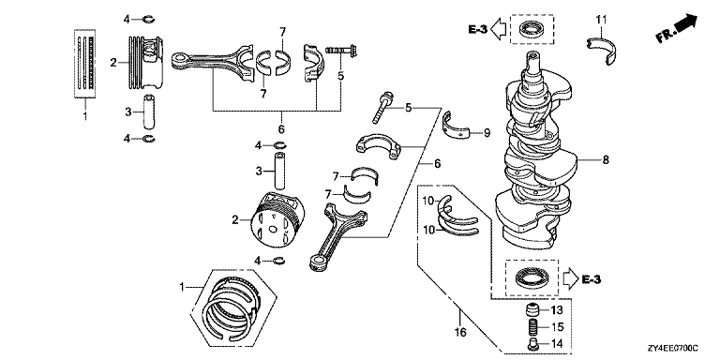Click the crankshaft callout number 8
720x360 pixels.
coord(606,160)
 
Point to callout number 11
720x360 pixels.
coord(602,20)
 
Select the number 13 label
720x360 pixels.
coord(557,311)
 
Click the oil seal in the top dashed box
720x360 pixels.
coord(532,30)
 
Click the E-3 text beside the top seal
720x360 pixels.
coord(477,29)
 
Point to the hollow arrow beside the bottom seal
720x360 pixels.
coord(570,279)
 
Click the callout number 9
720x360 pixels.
coord(487,133)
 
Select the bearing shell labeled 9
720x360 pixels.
coord(457,125)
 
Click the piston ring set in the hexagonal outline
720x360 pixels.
coord(232,307)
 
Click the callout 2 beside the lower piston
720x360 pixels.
coord(235,220)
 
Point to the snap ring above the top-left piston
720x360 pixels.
coord(149,20)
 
